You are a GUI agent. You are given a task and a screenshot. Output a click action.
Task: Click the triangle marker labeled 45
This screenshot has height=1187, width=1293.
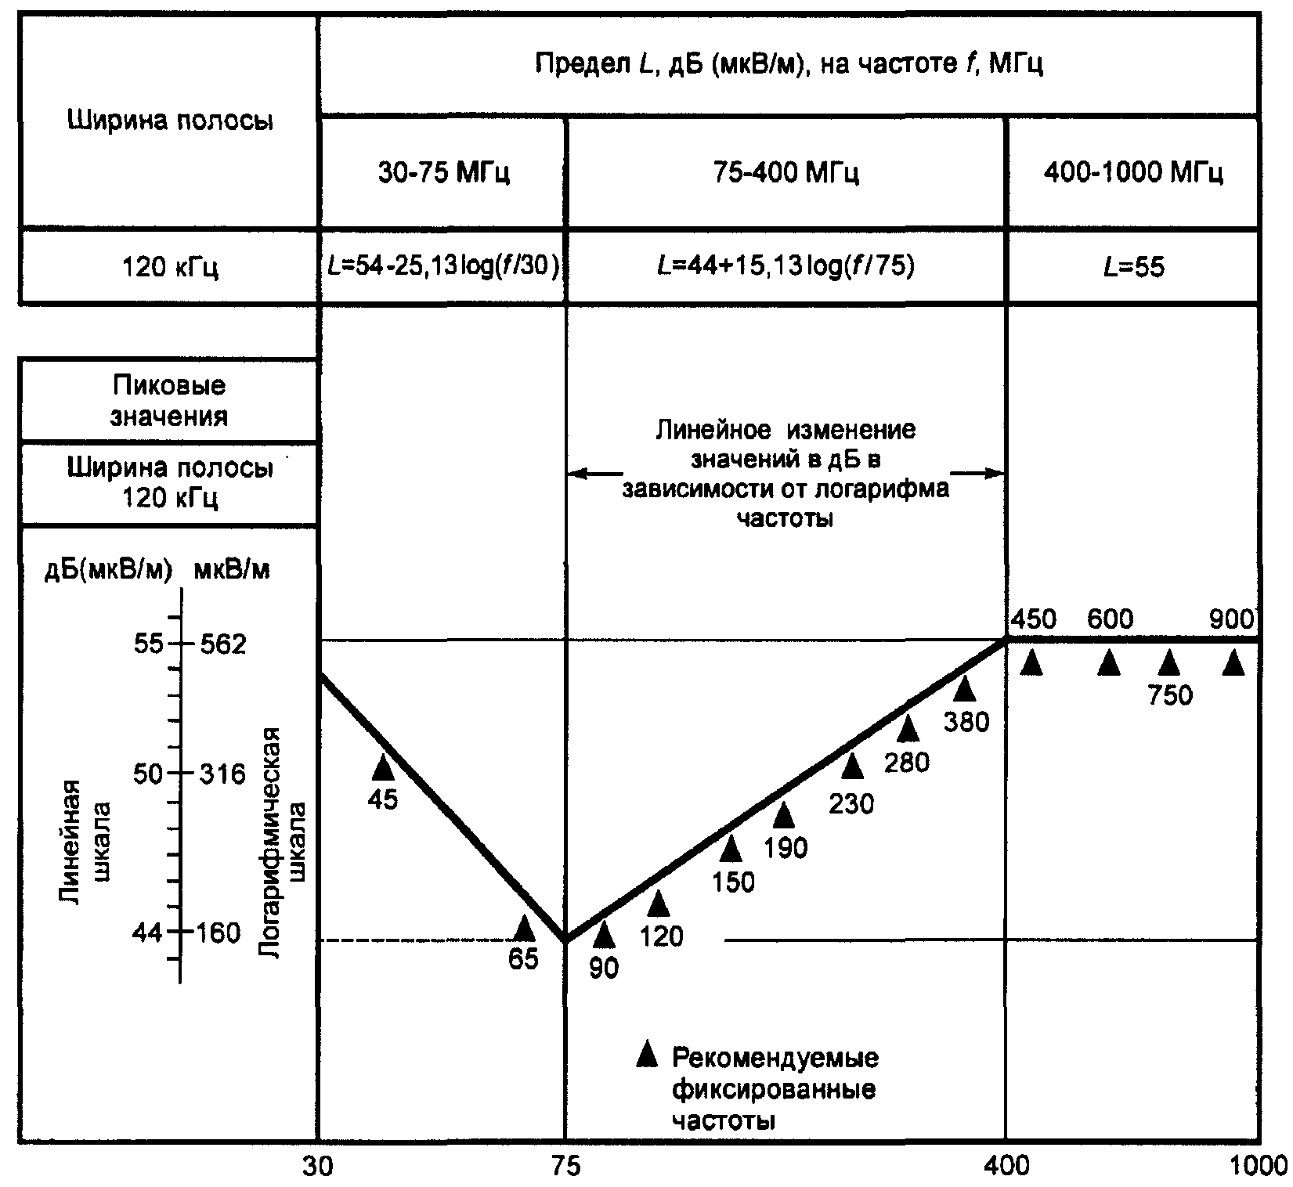(383, 767)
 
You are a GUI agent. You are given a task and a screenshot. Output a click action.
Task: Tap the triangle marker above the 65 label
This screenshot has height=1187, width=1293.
(524, 929)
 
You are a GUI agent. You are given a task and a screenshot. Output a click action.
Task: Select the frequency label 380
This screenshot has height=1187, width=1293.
(966, 721)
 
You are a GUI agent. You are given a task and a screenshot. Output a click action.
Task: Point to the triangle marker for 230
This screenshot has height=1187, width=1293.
(852, 767)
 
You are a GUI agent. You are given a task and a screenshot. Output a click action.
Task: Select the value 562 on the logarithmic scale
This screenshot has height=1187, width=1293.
(223, 644)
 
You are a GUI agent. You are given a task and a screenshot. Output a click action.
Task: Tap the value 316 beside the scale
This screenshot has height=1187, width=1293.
(223, 774)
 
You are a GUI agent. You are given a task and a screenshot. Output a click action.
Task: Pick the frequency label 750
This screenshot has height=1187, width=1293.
(1169, 695)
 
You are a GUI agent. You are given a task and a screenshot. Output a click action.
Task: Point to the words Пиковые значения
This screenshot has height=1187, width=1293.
(169, 400)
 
